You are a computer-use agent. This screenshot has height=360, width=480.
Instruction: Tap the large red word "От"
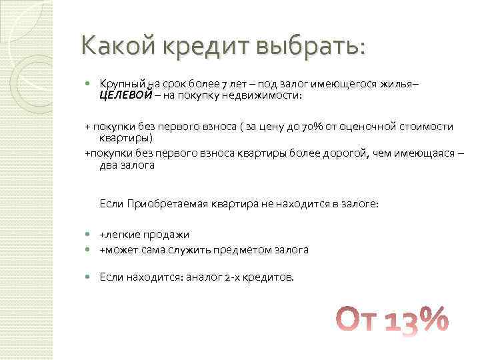tap(357, 320)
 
